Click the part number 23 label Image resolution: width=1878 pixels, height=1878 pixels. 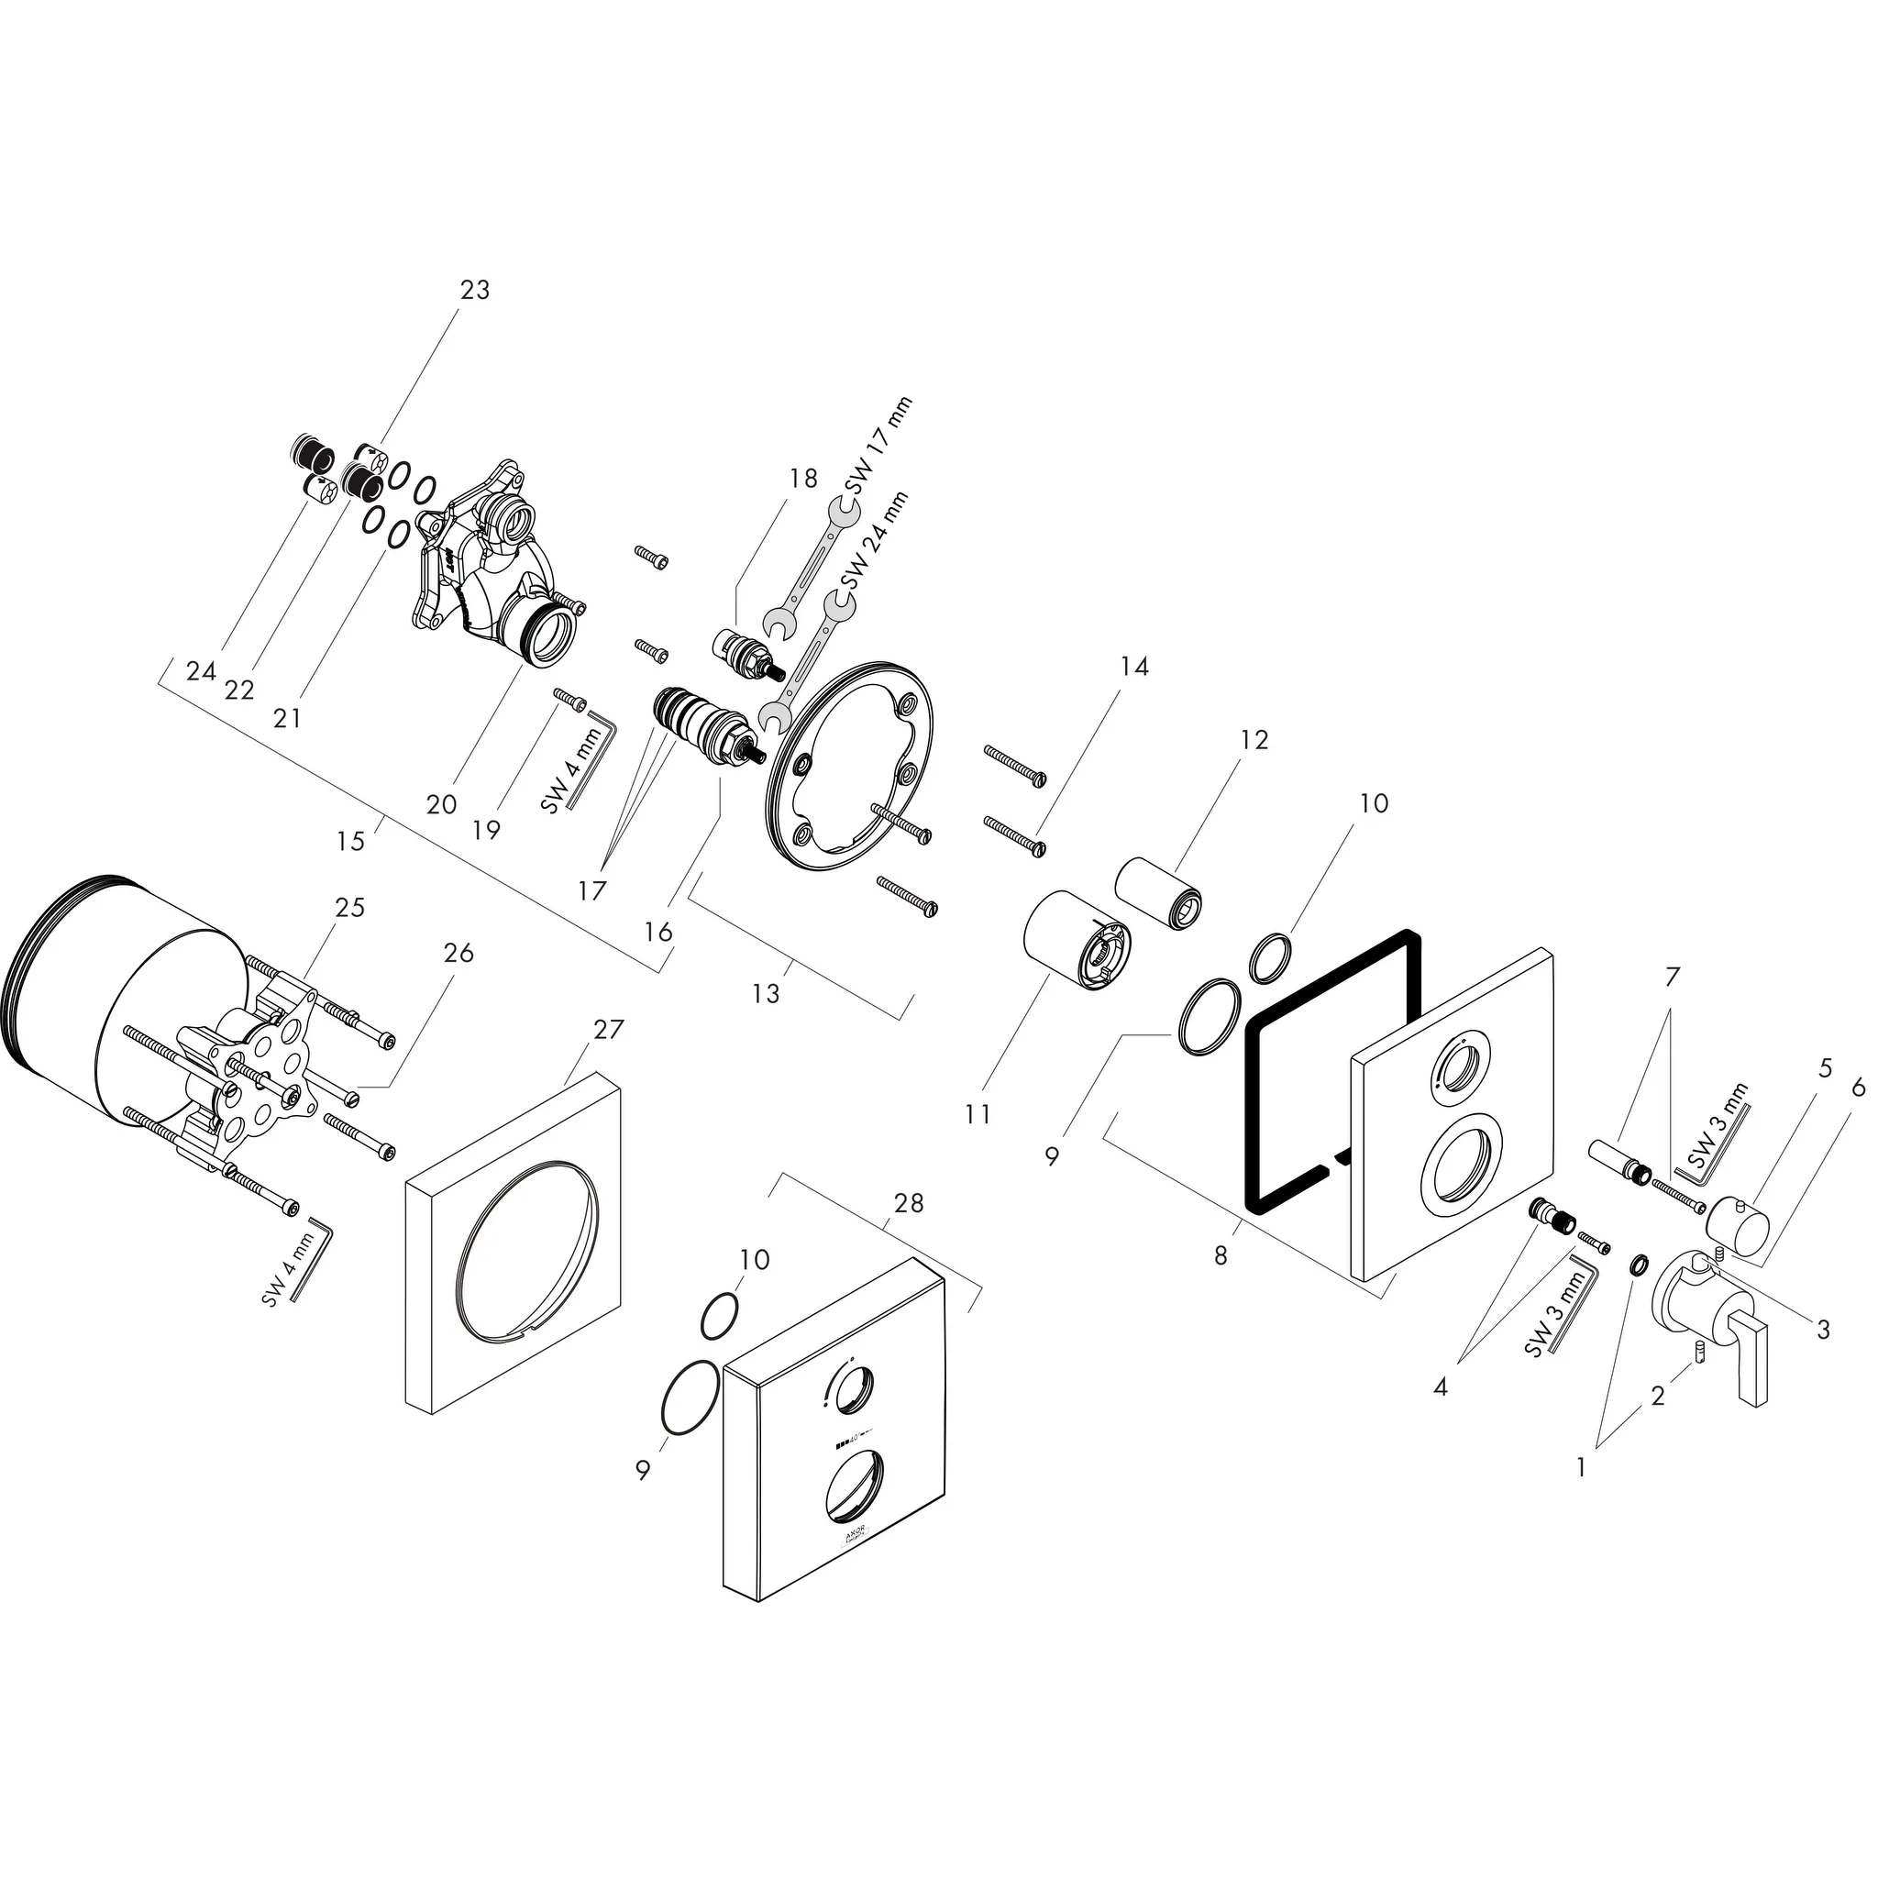click(474, 290)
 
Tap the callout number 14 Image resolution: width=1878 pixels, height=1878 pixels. click(1134, 667)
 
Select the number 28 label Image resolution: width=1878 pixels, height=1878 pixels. click(908, 1203)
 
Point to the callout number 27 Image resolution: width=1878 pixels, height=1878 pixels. click(609, 1030)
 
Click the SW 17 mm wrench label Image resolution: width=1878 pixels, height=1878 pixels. click(878, 447)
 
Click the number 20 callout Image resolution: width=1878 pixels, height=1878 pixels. click(441, 805)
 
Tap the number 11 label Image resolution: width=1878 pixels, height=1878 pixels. click(978, 1114)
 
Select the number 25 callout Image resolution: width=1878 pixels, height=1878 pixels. click(350, 907)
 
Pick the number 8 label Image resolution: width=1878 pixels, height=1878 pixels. click(1221, 1256)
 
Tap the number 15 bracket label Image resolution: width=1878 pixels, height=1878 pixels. click(350, 841)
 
